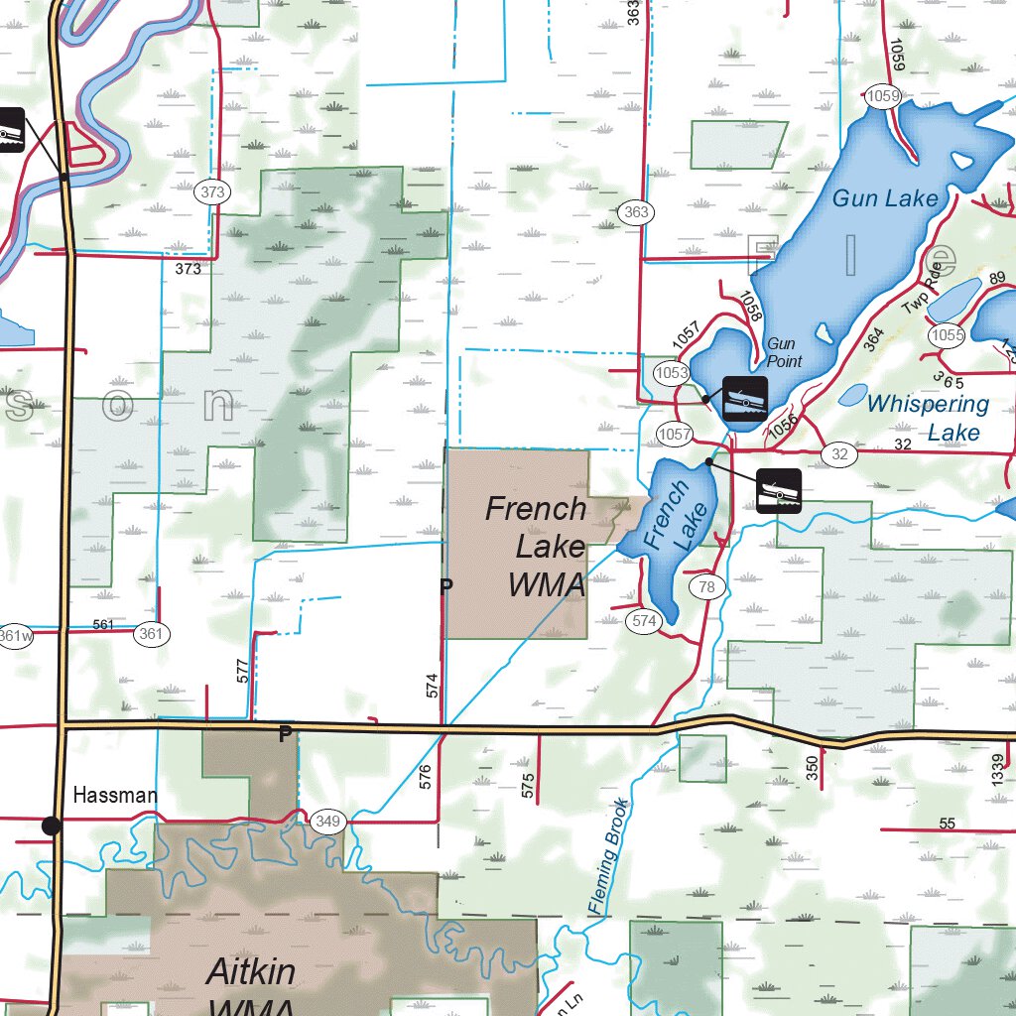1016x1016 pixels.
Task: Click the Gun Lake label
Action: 884,198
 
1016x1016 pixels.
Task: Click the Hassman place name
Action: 115,796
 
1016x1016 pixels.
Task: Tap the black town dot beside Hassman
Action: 52,825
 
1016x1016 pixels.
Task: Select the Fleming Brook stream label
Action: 608,856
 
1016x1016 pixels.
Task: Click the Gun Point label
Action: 784,352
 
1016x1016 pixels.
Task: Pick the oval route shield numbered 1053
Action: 672,372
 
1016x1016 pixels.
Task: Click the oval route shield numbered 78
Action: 706,587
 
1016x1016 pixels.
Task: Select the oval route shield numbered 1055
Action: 947,335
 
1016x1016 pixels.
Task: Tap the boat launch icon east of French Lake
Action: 779,491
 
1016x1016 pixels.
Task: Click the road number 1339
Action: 998,771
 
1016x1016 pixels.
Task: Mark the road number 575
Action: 527,785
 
